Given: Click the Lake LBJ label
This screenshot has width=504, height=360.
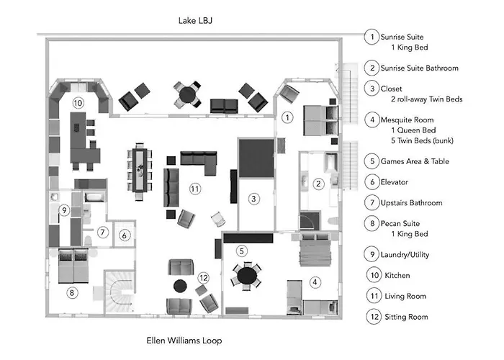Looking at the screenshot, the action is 195,21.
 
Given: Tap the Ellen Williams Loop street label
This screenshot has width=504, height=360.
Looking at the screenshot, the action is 184,341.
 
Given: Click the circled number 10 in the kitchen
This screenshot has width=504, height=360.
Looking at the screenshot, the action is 78,103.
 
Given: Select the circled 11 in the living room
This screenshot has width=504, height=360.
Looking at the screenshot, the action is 195,189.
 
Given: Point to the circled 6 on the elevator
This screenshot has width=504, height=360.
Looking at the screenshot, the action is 125,235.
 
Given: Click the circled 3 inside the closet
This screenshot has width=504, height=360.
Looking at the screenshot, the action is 253,199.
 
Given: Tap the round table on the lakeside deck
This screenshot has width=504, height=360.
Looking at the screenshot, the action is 187,94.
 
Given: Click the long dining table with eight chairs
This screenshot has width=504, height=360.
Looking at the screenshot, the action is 140,171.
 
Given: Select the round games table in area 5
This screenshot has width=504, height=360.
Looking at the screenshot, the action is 247,276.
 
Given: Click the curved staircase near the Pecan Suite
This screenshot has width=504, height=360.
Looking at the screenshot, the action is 120,292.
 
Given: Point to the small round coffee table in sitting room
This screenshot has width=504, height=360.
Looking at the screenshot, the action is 180,286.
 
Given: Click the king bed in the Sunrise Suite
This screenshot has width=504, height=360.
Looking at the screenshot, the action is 321,121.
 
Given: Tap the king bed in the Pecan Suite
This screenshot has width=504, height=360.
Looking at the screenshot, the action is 73,266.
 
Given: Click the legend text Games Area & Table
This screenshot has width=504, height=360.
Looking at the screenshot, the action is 415,161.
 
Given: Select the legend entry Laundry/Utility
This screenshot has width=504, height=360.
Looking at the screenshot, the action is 405,255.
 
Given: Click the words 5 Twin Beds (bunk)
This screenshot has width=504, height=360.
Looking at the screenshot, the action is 422,140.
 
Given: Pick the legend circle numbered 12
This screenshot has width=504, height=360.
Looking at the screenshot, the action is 374,317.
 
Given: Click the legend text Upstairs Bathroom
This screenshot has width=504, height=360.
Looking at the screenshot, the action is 411,203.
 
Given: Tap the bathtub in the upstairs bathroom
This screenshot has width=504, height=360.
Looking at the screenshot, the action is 94,197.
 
